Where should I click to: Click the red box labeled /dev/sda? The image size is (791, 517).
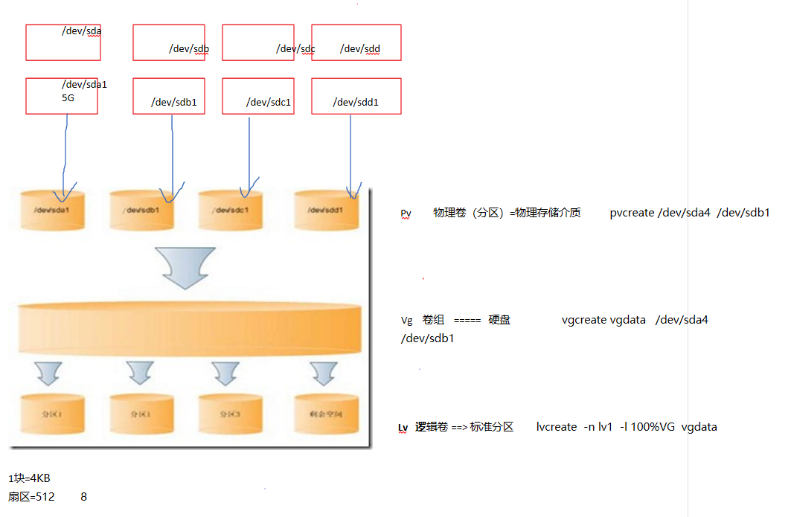tap(63, 42)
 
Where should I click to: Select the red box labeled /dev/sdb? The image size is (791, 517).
tap(169, 42)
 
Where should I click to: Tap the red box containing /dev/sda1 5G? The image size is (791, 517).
tap(62, 96)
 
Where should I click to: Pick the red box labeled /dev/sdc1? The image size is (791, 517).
tap(258, 96)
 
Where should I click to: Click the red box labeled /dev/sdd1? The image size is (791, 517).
tap(356, 96)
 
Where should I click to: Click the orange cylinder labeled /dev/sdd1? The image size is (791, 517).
tap(327, 211)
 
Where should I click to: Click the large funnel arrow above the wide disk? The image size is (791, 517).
tap(184, 266)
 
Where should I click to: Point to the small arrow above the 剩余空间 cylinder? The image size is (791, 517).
tap(324, 373)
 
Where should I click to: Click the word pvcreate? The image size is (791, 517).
tap(632, 213)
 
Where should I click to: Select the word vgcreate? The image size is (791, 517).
tap(584, 320)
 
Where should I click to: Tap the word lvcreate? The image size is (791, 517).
tap(557, 427)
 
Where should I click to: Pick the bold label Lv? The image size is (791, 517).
tap(403, 428)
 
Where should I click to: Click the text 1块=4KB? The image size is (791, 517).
tap(30, 478)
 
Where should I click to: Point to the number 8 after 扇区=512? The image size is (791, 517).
tap(83, 496)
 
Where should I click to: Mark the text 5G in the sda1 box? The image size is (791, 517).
tap(69, 97)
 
